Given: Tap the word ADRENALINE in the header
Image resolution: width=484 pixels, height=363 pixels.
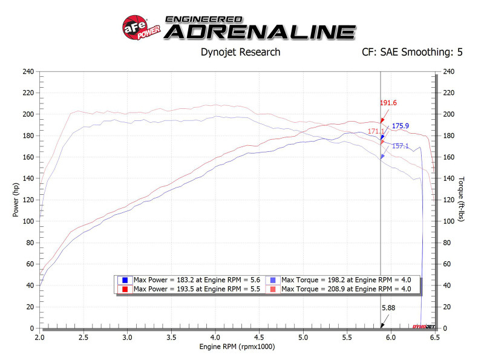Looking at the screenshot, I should pos(259,31).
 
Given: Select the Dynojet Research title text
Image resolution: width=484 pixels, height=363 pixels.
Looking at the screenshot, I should pos(240,52).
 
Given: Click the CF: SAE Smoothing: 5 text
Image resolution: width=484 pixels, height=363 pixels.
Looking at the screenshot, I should pos(412,52).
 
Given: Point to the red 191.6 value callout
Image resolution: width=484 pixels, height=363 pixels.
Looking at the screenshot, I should pos(388,103).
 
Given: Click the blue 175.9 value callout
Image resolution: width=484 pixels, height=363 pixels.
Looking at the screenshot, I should pos(401,126).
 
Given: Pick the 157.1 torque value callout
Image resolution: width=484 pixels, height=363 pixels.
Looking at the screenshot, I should pos(400,146).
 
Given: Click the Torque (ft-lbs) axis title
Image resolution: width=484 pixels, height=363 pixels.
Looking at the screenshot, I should pos(461,200).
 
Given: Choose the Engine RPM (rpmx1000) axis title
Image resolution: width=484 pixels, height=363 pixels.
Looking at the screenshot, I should pos(237,348).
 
